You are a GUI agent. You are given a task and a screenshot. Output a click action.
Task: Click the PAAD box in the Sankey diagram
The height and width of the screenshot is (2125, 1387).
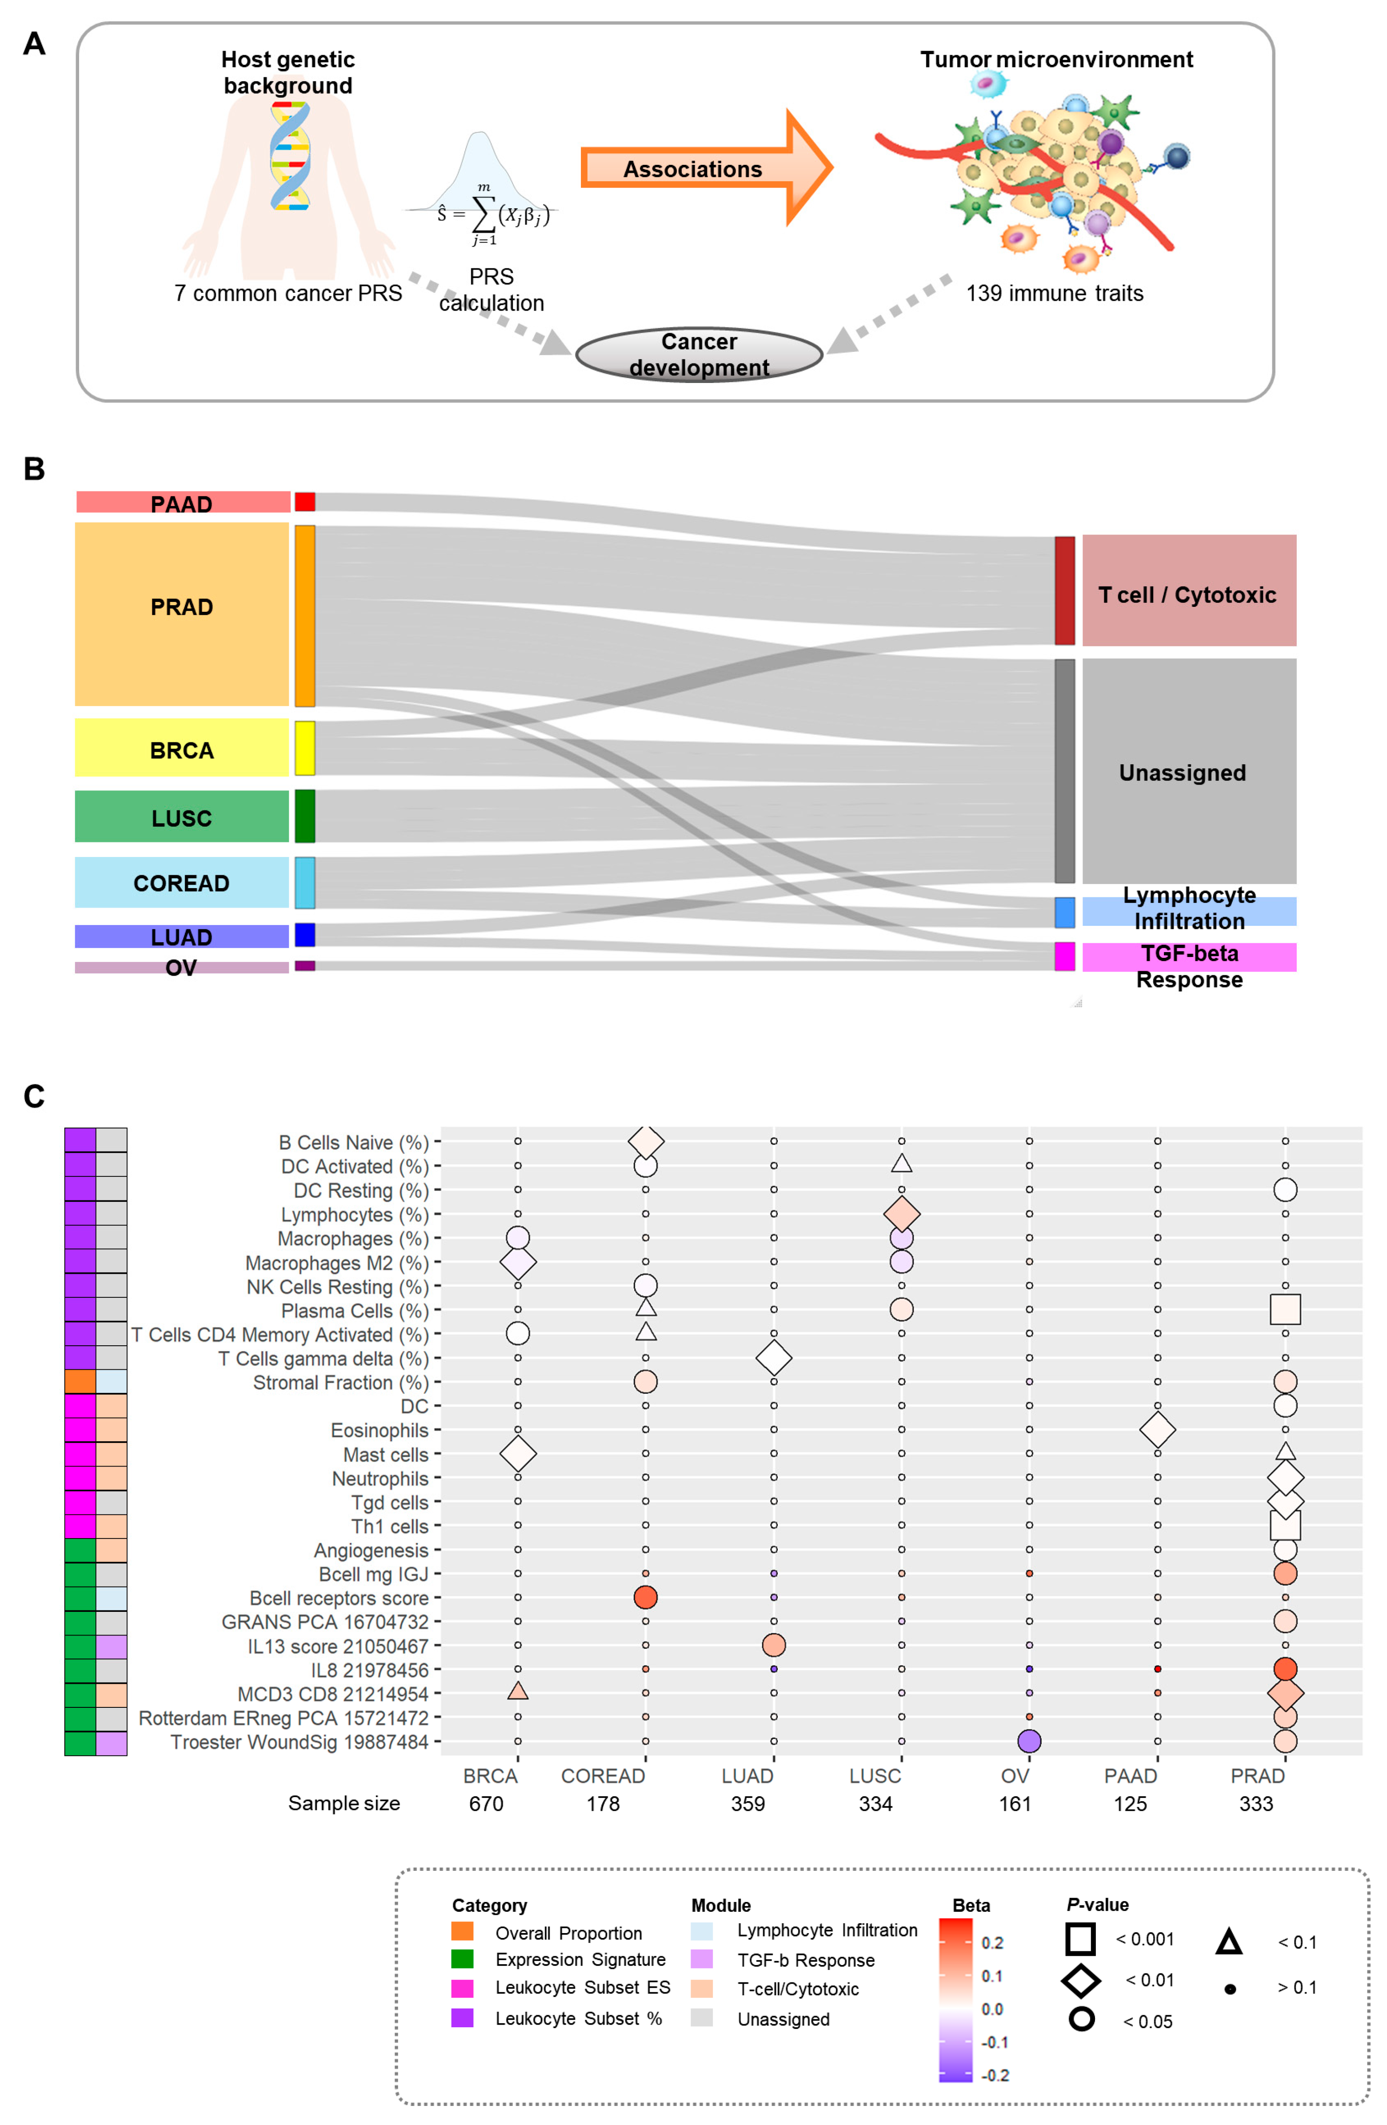(182, 502)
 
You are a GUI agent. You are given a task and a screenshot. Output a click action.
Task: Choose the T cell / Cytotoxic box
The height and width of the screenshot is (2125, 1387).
(1188, 591)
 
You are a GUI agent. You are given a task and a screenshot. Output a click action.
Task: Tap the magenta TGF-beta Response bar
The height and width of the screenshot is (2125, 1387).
(1188, 956)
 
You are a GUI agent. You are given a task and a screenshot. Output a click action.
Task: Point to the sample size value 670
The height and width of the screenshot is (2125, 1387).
(486, 1804)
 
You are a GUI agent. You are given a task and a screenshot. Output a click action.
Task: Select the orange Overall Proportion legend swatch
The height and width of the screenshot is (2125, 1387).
(462, 1931)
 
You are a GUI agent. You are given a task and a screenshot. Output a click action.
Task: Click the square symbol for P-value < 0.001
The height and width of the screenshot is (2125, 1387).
(1080, 1938)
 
